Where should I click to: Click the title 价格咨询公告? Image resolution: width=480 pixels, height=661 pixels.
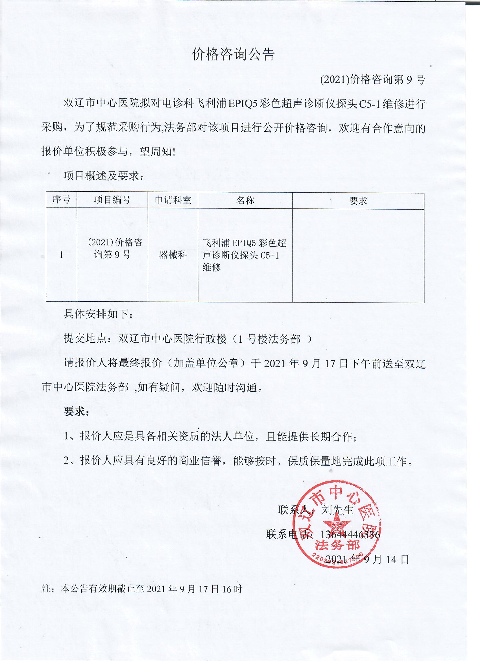click(x=234, y=54)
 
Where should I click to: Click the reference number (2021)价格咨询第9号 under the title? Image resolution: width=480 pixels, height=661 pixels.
click(x=373, y=79)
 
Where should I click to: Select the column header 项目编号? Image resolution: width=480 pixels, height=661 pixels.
click(x=112, y=200)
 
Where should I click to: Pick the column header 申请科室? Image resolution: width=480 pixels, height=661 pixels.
click(x=173, y=200)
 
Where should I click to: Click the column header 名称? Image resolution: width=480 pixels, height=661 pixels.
click(x=245, y=200)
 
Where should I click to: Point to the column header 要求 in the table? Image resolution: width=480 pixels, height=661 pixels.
click(x=358, y=201)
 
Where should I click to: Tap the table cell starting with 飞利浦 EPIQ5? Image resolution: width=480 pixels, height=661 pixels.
click(x=245, y=255)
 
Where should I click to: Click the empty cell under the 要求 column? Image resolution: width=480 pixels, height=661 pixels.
click(x=358, y=256)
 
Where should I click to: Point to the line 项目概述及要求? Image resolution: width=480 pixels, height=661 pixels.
click(x=103, y=176)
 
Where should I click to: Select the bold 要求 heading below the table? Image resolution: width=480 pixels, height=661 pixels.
click(x=76, y=412)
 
